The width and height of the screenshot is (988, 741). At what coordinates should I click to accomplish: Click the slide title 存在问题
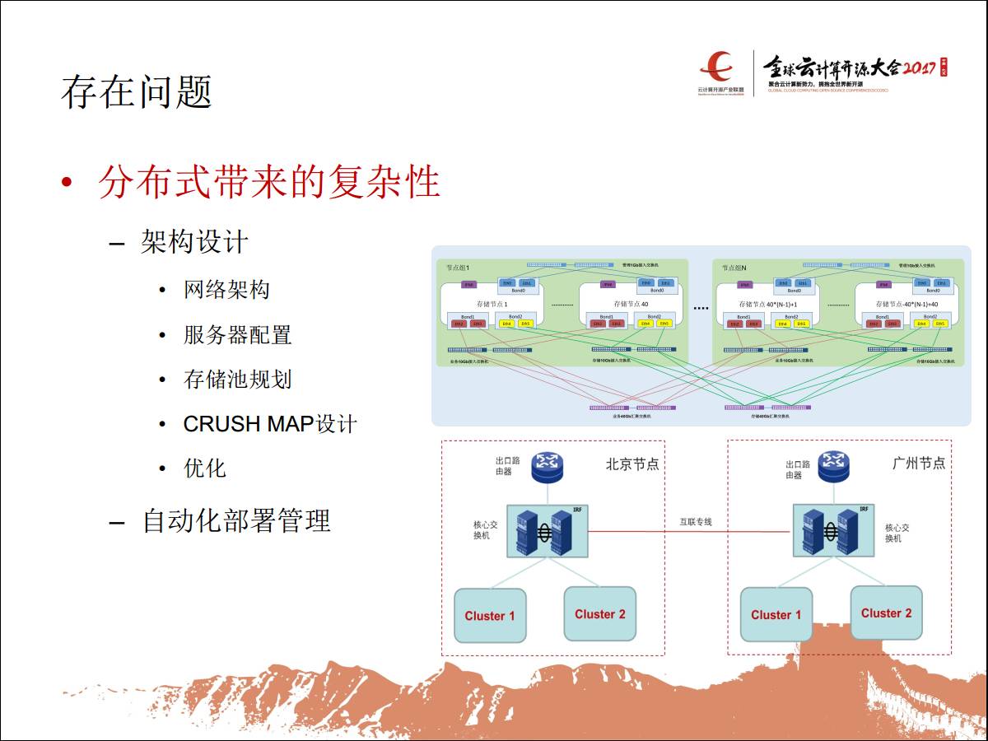137,92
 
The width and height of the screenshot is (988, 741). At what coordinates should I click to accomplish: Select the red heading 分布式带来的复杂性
268,181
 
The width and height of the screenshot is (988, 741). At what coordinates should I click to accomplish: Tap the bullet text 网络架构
226,290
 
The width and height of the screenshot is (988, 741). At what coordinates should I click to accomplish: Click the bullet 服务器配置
237,335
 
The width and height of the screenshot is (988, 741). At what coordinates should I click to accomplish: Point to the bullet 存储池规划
237,380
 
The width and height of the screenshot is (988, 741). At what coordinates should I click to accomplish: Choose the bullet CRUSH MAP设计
269,424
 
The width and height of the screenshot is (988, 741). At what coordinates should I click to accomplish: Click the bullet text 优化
204,468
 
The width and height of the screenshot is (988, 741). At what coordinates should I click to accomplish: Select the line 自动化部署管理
236,520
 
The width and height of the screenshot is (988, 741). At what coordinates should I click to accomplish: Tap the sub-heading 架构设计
194,242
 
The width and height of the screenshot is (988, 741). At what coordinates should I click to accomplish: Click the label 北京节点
632,464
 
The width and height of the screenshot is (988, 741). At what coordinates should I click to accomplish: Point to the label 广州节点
919,464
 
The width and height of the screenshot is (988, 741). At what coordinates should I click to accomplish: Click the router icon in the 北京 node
546,467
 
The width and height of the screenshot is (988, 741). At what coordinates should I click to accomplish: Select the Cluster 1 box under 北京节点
490,616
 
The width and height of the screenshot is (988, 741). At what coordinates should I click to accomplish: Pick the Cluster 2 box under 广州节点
886,613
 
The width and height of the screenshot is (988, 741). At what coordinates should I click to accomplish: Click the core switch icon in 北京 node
543,531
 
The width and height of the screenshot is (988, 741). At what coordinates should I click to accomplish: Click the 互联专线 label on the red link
696,522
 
